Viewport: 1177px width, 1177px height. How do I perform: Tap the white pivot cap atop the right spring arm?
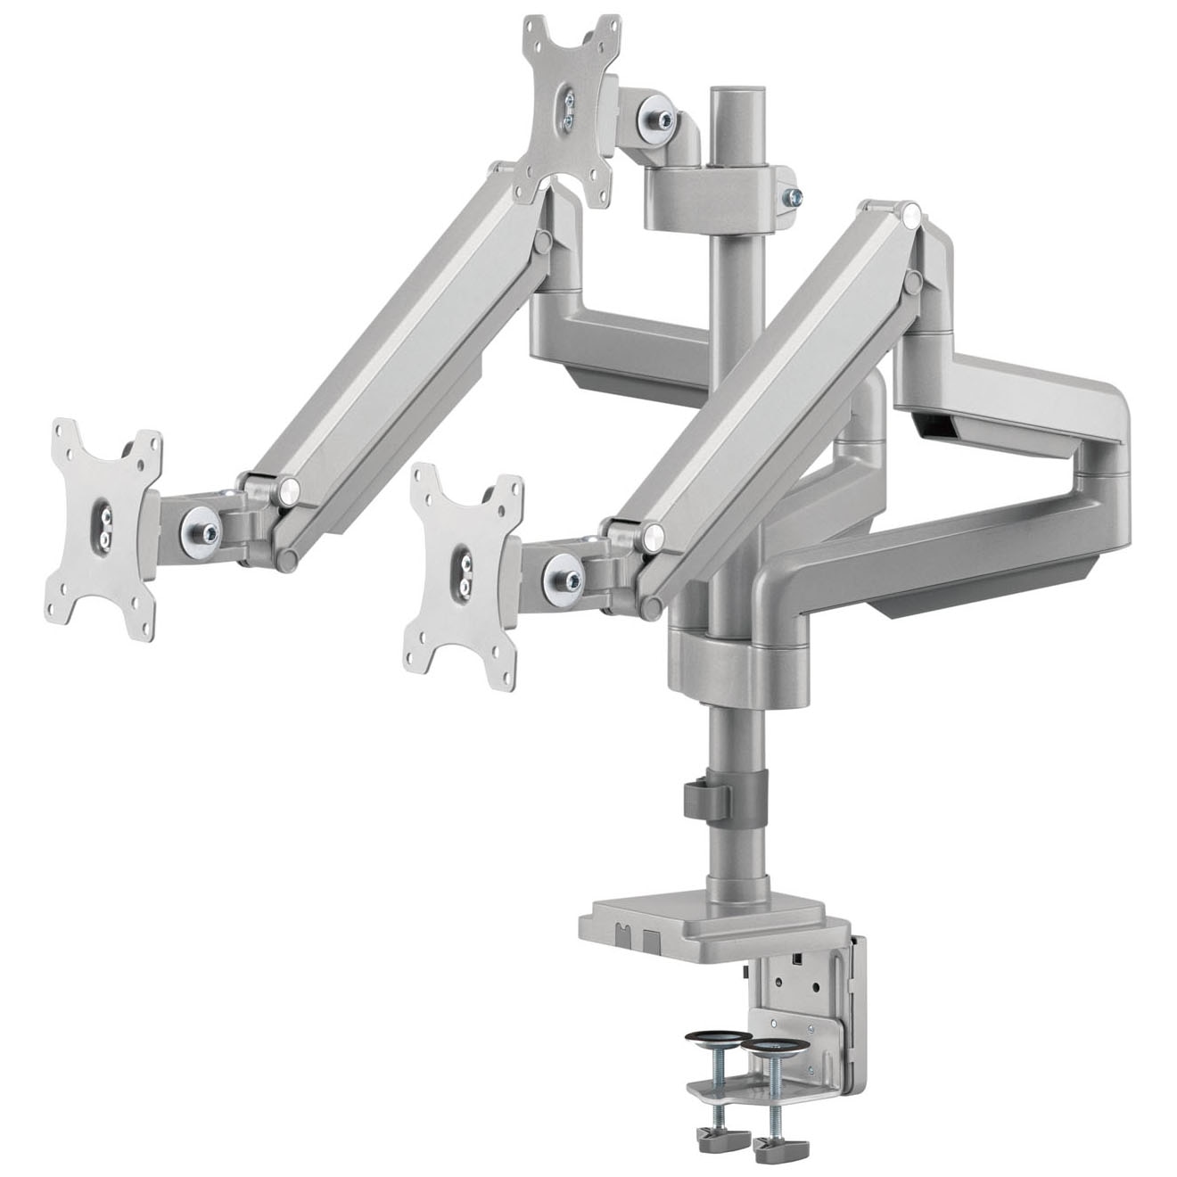click(x=909, y=215)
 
